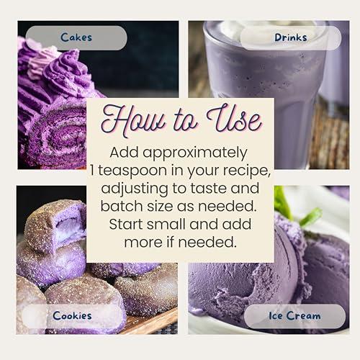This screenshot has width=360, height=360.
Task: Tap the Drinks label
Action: coord(290,37)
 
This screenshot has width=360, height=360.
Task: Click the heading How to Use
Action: coord(180,120)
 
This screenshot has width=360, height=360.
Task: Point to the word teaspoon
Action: coord(158,170)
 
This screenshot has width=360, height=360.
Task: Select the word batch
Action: coord(129,207)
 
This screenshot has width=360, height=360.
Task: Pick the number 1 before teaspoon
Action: coord(115,170)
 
